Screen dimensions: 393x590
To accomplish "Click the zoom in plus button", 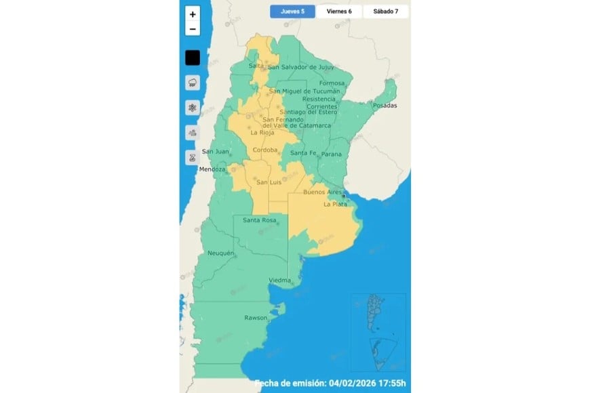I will [193, 14].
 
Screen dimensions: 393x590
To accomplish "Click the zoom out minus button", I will [193, 29].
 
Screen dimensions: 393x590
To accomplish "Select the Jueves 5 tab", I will [292, 12].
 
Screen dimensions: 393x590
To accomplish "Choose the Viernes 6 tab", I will [338, 12].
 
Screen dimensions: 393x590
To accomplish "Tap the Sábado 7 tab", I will [385, 12].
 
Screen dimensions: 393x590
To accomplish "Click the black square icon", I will [193, 58].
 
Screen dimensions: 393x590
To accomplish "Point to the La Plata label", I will [336, 204].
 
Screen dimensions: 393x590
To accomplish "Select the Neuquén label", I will [220, 253].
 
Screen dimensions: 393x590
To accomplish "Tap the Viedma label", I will [280, 280].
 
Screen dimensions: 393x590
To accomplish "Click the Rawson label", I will [256, 318].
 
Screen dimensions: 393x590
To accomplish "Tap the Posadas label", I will [384, 106].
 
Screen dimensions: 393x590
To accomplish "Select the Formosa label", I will [332, 83].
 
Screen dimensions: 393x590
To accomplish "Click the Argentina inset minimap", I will [378, 327].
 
